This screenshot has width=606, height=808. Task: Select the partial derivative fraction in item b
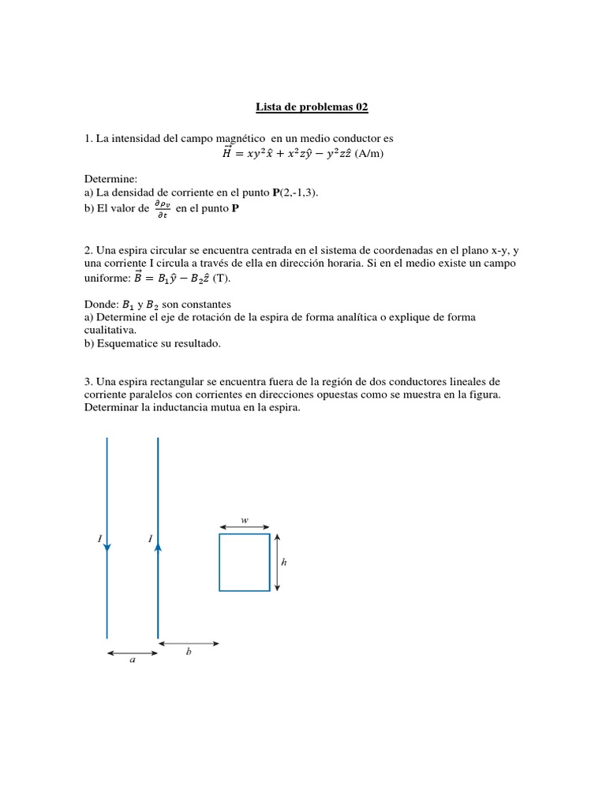tap(162, 208)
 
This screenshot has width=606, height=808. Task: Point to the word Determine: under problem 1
tap(110, 179)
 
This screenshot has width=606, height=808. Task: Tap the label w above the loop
tap(245, 521)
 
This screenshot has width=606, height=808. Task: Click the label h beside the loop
tap(284, 562)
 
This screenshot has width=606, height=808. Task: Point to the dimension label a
tap(132, 661)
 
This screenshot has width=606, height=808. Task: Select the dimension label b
tap(189, 652)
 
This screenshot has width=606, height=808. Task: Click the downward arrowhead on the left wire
tap(107, 546)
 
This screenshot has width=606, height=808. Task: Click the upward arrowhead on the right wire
tap(159, 543)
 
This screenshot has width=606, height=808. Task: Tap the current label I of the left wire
tap(99, 539)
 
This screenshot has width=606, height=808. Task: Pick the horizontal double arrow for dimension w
tap(245, 528)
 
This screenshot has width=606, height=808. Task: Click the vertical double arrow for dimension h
tap(277, 562)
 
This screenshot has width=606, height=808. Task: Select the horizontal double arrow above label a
tap(133, 653)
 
